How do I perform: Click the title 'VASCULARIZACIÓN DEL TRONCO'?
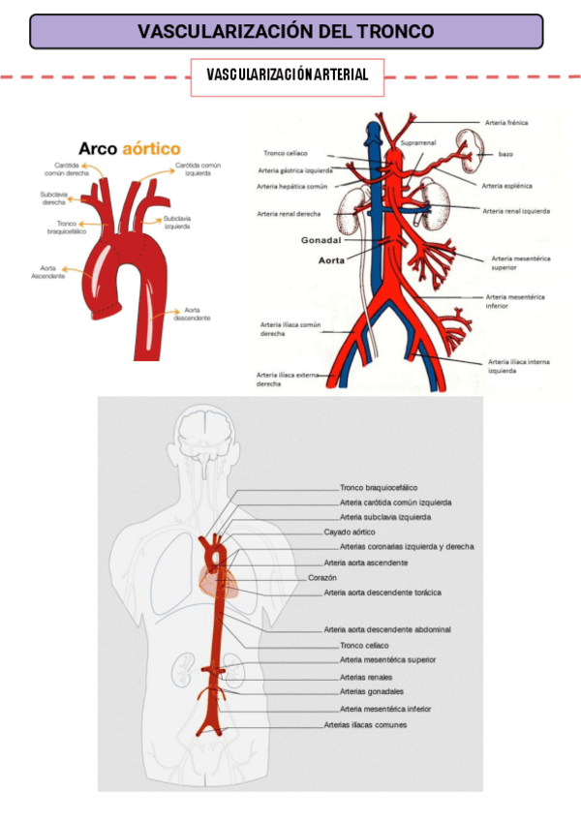coord(286,31)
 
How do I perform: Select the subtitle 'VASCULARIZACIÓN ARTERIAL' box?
coord(287,76)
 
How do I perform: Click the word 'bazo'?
coord(505,154)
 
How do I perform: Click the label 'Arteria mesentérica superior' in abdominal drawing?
coord(517,262)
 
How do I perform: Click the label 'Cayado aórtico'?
coord(350,532)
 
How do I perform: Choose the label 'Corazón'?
coord(322,577)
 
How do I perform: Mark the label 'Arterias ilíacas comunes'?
coord(365,724)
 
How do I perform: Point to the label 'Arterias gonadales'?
coord(372,691)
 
